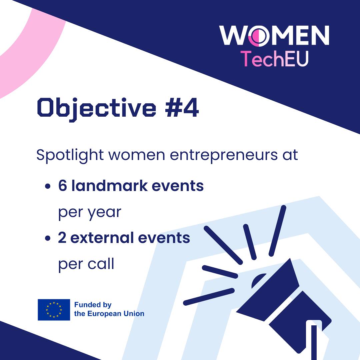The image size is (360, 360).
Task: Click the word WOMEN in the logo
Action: pyautogui.click(x=274, y=35)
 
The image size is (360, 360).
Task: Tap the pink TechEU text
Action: pyautogui.click(x=274, y=59)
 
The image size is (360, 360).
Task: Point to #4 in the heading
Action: pyautogui.click(x=182, y=107)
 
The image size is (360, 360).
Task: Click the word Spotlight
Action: pyautogui.click(x=70, y=156)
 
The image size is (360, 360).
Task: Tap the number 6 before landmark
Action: pyautogui.click(x=62, y=186)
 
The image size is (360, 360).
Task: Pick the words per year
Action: pyautogui.click(x=90, y=213)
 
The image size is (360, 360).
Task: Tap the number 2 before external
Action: pyautogui.click(x=62, y=238)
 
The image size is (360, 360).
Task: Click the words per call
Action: pyautogui.click(x=86, y=264)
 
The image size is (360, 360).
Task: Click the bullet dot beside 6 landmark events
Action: pyautogui.click(x=48, y=186)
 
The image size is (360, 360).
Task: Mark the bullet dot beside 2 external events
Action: pyautogui.click(x=48, y=238)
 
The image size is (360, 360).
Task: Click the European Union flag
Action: pyautogui.click(x=54, y=309)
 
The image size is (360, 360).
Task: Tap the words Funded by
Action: pyautogui.click(x=93, y=305)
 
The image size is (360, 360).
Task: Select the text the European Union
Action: pyautogui.click(x=109, y=314)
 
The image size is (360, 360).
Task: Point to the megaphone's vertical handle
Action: pyautogui.click(x=314, y=342)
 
